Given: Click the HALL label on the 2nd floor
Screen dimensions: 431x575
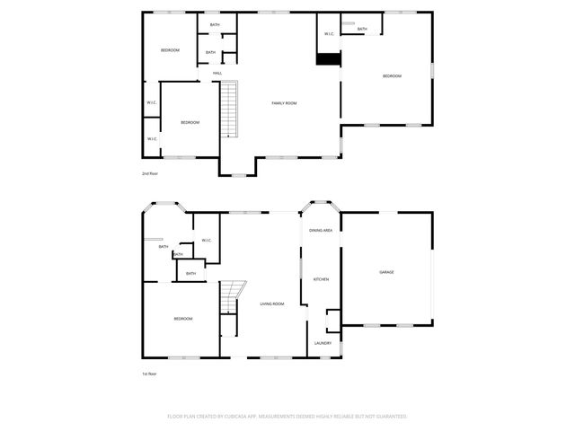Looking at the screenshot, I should coord(217,73).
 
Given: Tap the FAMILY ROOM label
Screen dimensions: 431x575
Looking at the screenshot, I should coord(284,103).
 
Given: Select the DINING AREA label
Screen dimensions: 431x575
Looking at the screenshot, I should coord(322,231).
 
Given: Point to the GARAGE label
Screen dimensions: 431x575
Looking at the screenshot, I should coord(386,272).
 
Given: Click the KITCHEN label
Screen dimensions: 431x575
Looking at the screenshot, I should coord(321,279).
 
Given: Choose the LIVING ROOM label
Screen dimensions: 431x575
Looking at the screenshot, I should coord(272,304).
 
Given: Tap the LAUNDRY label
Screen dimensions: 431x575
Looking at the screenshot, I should coord(323,343).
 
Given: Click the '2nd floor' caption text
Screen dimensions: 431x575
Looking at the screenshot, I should coord(149,173).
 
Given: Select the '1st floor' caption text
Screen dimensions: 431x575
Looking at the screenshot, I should coord(149,373).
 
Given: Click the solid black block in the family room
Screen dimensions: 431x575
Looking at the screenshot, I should coord(329,58).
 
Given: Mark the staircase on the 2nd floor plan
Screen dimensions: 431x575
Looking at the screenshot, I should coord(230,108).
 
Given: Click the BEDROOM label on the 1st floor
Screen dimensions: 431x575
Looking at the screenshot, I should coord(182,319).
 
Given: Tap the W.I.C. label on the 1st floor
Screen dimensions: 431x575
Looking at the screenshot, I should coord(206,240).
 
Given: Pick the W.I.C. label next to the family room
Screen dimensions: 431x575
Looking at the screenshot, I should coord(329,35).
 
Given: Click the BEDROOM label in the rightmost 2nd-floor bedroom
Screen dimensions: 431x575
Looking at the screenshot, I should coord(392,76).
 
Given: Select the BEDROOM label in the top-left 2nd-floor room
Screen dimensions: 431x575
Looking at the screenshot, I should coord(170,50).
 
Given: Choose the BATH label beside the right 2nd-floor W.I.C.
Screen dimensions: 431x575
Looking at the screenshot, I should coord(361,30).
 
